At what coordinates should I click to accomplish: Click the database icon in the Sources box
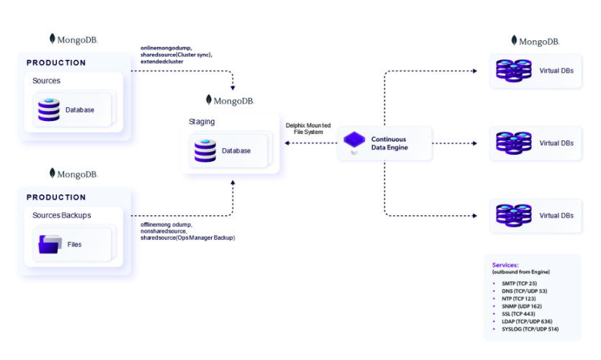coord(49,109)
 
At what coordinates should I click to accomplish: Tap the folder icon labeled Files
coord(50,244)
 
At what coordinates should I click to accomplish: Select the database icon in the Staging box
coord(204,150)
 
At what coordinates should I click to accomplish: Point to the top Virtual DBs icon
coord(513,71)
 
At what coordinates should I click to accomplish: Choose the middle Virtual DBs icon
coord(513,143)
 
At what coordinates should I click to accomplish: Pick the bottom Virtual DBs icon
coord(513,215)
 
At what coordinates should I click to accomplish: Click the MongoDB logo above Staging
coord(230,100)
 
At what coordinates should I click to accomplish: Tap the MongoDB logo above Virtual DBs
coord(535,41)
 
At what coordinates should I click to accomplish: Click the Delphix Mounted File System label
coord(309,127)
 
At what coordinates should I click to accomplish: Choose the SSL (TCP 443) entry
coord(518,314)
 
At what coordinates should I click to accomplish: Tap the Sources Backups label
coord(62,215)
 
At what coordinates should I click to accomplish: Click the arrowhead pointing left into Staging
coord(286,143)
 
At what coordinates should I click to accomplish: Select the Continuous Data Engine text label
coord(389,143)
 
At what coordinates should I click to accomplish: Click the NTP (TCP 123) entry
coord(518,299)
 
